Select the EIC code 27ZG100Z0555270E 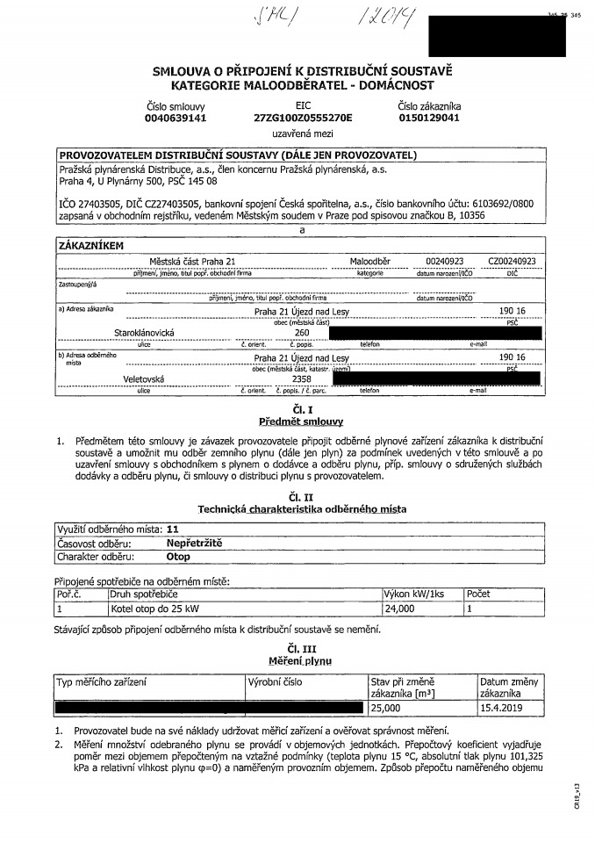pos(303,117)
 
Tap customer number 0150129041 pos(428,117)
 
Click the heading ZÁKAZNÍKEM pos(91,246)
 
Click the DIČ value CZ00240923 pos(513,262)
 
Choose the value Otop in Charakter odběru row pos(178,556)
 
